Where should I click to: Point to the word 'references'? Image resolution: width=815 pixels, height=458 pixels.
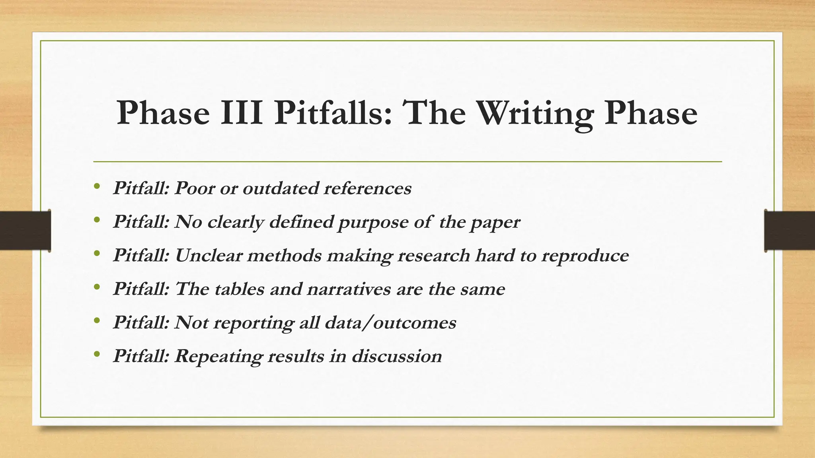pos(367,188)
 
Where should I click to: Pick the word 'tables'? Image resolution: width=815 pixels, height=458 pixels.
pos(239,289)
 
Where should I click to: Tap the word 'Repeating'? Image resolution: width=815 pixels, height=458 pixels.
pos(218,356)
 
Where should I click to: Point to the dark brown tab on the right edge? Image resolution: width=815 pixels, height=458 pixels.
pos(790,231)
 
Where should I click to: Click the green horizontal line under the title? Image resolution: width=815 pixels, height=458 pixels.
pos(407,162)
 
